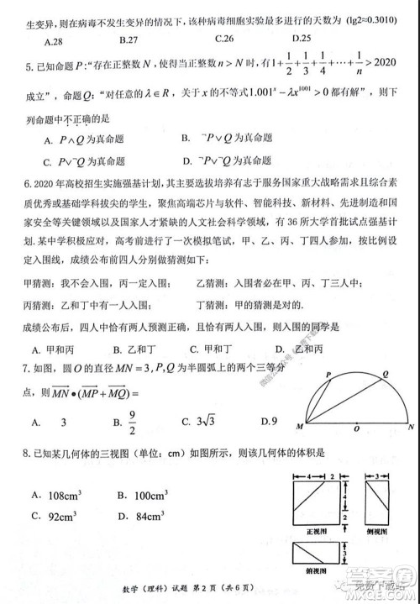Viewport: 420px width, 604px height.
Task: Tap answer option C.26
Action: (x=224, y=39)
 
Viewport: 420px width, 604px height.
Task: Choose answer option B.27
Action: (x=129, y=39)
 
